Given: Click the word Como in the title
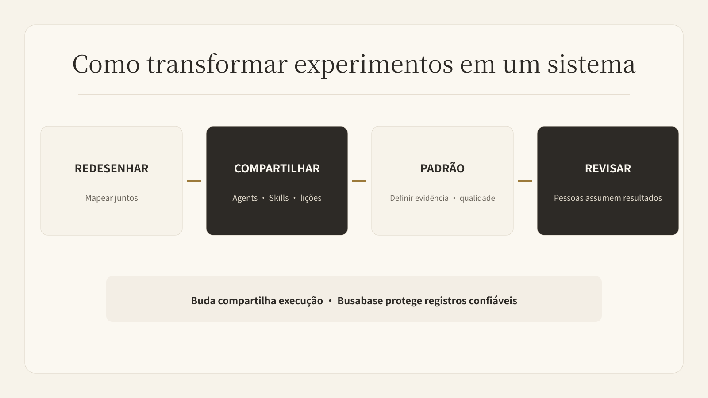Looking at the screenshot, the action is tap(106, 64).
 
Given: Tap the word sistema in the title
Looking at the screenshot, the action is tap(591, 64).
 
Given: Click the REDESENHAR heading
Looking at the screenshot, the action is tap(112, 168).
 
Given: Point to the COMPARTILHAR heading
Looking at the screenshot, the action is tap(277, 168).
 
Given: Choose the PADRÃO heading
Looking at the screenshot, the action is tap(442, 168).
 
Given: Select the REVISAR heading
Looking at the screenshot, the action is tap(608, 168).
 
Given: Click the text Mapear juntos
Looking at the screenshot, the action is tap(112, 198).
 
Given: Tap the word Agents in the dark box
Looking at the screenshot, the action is tap(245, 198).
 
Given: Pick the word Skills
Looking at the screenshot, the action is tap(279, 198).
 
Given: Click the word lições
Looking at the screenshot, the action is tap(311, 198).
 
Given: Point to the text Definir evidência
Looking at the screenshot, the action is tap(419, 198).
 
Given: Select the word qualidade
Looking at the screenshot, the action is tap(477, 198).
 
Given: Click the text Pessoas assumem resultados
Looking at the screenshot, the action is tap(608, 198).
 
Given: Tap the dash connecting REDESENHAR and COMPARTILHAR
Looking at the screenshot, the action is tap(194, 181).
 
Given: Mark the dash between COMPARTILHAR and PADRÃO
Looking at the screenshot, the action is tap(359, 181).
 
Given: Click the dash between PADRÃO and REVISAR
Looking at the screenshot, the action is tap(525, 181).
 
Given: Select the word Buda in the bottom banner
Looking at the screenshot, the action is tap(203, 300).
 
